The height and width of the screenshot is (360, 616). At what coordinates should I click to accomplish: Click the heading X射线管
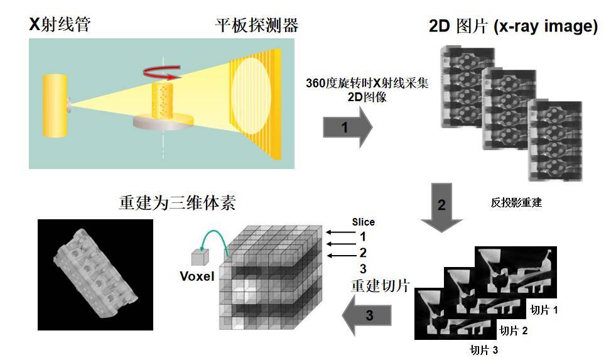60,25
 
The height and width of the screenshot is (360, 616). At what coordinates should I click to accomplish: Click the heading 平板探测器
256,26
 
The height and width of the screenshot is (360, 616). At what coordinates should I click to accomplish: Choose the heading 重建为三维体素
177,204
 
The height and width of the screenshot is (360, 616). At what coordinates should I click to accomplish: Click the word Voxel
197,277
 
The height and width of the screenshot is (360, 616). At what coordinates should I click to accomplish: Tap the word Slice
364,222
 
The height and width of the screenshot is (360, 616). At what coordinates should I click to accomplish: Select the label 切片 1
544,310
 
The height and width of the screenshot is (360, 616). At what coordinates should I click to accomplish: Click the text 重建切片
380,286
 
